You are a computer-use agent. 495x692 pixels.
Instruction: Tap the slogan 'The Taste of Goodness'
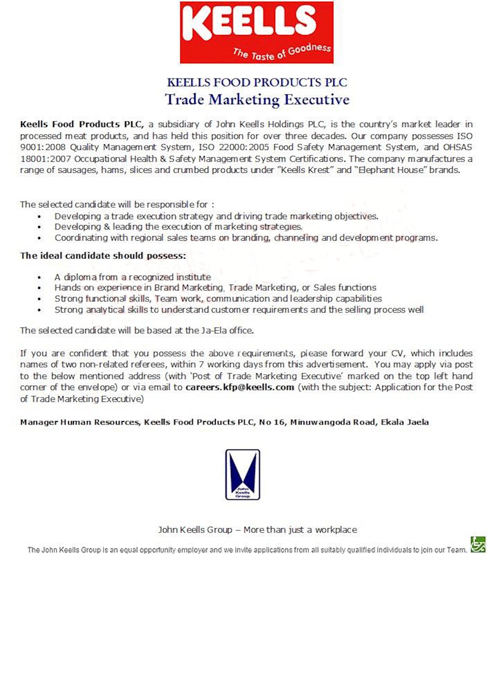click(282, 52)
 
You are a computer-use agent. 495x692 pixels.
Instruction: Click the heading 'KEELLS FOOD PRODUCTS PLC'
click(257, 82)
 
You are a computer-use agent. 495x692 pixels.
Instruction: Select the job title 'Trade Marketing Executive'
click(257, 99)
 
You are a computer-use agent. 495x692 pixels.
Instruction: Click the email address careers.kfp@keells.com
click(240, 387)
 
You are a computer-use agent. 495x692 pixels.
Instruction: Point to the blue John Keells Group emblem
click(243, 474)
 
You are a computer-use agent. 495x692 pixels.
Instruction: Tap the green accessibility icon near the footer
click(478, 544)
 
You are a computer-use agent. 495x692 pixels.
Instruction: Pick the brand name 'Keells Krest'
click(305, 170)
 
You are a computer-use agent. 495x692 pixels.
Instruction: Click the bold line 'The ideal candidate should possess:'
click(103, 256)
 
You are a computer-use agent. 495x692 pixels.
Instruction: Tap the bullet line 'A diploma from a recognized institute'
click(132, 277)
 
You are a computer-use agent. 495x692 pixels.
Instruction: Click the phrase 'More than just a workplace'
click(300, 530)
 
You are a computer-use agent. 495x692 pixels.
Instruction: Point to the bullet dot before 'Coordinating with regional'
click(39, 238)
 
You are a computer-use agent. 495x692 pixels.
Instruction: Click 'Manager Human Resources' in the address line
click(80, 422)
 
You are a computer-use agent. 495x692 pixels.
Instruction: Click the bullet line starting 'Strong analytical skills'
click(239, 310)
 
